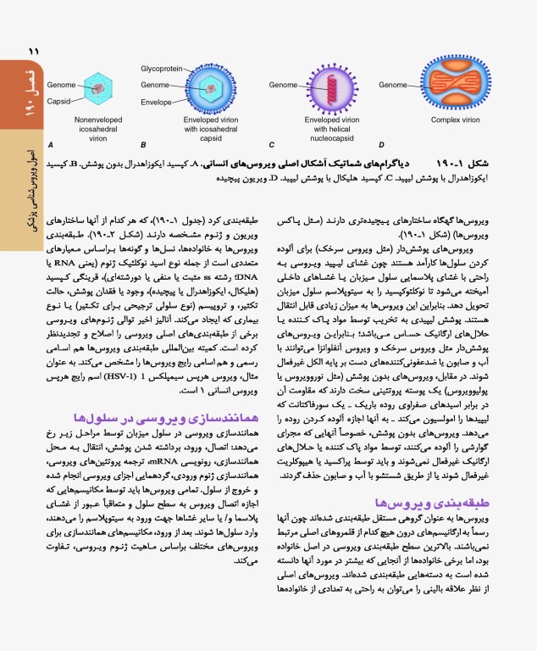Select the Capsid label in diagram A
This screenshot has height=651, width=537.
point(59,101)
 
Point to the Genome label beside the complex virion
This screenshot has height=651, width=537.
point(393,85)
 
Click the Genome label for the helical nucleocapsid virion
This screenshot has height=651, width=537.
point(283,85)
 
